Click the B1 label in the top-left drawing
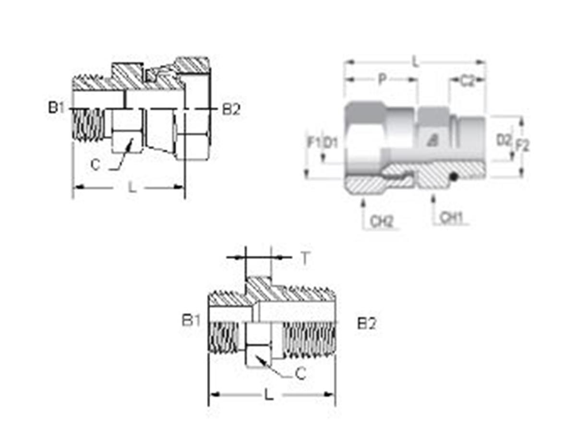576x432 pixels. coord(56,108)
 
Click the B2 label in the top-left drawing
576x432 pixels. coord(230,109)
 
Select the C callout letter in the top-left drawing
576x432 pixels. coord(96,165)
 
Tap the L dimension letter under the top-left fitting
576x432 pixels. coord(132,187)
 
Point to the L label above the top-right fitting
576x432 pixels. coord(416,62)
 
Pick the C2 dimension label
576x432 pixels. coord(467,81)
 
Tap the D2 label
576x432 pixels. coord(503,140)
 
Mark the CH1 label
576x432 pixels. coord(451,218)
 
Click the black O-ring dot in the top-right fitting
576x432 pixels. coord(453,178)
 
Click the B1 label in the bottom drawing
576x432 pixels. coord(191,320)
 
